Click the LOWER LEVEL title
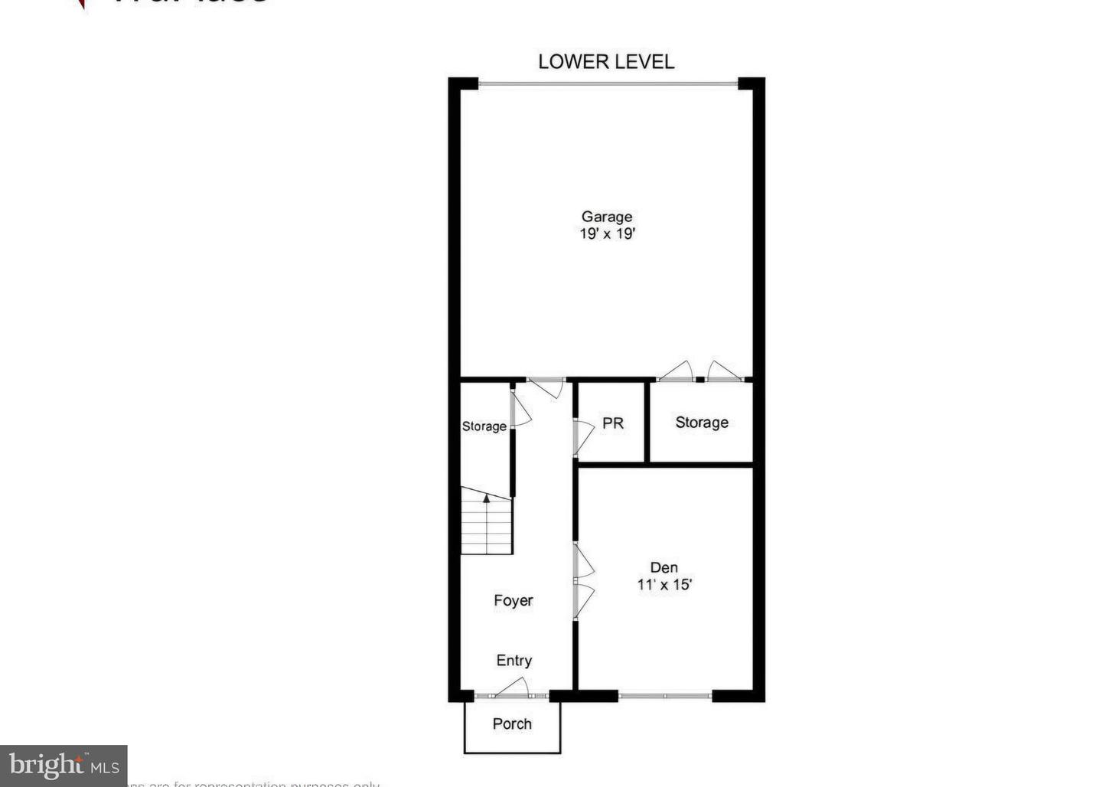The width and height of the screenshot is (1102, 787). pyautogui.click(x=606, y=62)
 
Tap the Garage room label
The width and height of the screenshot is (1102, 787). pyautogui.click(x=607, y=217)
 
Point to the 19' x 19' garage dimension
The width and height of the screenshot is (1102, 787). pyautogui.click(x=607, y=234)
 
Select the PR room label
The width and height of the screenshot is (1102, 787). pyautogui.click(x=613, y=423)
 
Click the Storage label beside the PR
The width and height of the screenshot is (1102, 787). pyautogui.click(x=702, y=423)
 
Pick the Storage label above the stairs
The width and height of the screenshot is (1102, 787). pyautogui.click(x=484, y=426)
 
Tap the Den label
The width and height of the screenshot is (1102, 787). pyautogui.click(x=664, y=567)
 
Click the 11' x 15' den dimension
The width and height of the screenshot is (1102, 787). pyautogui.click(x=664, y=585)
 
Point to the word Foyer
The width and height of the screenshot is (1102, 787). pyautogui.click(x=513, y=601)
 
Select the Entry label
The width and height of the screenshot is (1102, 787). pyautogui.click(x=514, y=661)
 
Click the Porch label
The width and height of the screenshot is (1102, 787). pyautogui.click(x=512, y=723)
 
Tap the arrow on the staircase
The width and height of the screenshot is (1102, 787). pyautogui.click(x=486, y=498)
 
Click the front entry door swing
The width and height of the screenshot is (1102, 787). pyautogui.click(x=514, y=688)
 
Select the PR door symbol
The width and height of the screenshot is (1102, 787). pyautogui.click(x=583, y=437)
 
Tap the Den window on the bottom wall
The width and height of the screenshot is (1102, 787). pyautogui.click(x=665, y=696)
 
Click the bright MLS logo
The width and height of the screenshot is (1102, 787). pyautogui.click(x=64, y=765)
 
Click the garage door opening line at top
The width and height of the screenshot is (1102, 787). pyautogui.click(x=608, y=83)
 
